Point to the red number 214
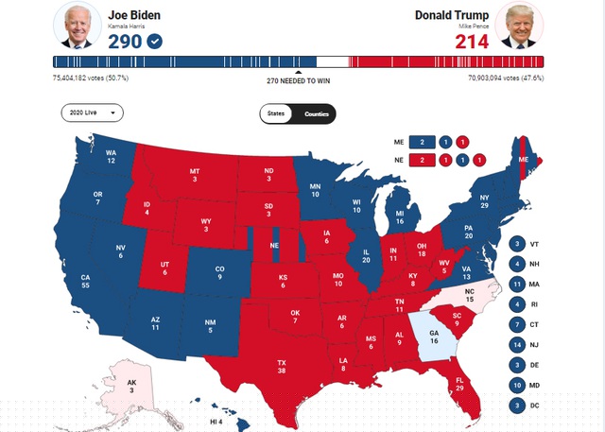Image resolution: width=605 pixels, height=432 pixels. [x=472, y=42]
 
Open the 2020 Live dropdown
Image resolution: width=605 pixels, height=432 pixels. [x=93, y=112]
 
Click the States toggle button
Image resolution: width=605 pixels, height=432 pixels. [x=276, y=113]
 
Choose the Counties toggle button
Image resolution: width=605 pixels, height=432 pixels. [x=316, y=113]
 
